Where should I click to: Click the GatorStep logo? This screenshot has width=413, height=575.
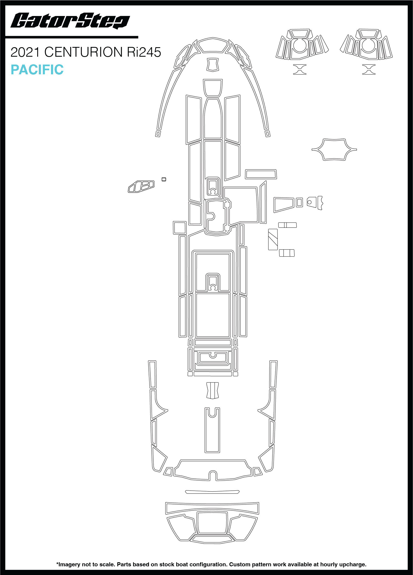[70, 21]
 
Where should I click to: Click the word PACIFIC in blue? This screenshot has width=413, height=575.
[37, 70]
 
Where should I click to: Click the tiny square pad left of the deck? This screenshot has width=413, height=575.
[164, 179]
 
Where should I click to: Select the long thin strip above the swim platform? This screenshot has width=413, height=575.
[212, 492]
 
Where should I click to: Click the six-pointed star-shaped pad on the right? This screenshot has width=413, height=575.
[334, 149]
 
